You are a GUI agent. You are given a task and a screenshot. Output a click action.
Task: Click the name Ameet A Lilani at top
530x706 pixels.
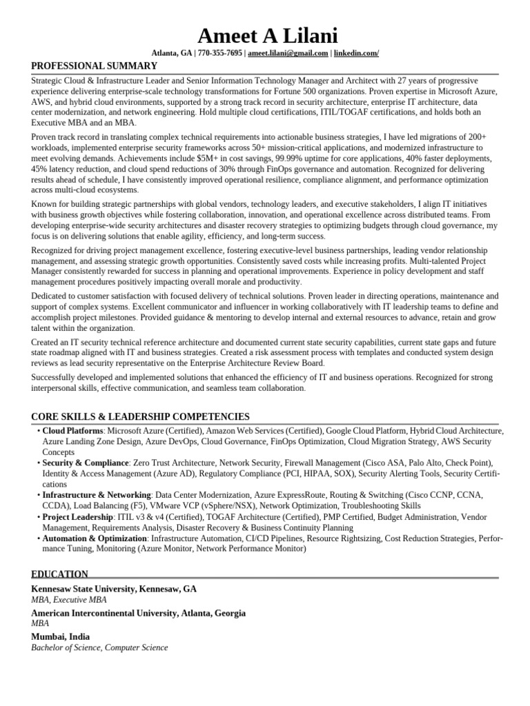pos(268,35)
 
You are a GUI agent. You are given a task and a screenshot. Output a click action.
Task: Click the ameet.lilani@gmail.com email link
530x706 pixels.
pos(288,54)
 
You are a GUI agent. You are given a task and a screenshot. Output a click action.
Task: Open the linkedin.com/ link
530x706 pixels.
pos(357,54)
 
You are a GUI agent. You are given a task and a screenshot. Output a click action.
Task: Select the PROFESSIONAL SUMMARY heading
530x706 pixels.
pos(95,66)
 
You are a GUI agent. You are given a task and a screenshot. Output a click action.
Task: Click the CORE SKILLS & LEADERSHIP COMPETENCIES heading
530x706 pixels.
pos(140,417)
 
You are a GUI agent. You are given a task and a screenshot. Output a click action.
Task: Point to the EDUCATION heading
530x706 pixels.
pos(60,574)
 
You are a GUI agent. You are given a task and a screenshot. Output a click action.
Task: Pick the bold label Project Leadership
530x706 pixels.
pos(77,517)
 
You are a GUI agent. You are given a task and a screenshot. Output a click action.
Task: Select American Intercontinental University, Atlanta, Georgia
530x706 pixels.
pos(138,613)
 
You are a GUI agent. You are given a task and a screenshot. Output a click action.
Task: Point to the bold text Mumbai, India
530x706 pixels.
pos(61,636)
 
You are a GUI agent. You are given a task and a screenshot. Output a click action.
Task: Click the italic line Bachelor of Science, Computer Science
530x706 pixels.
pos(99,648)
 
